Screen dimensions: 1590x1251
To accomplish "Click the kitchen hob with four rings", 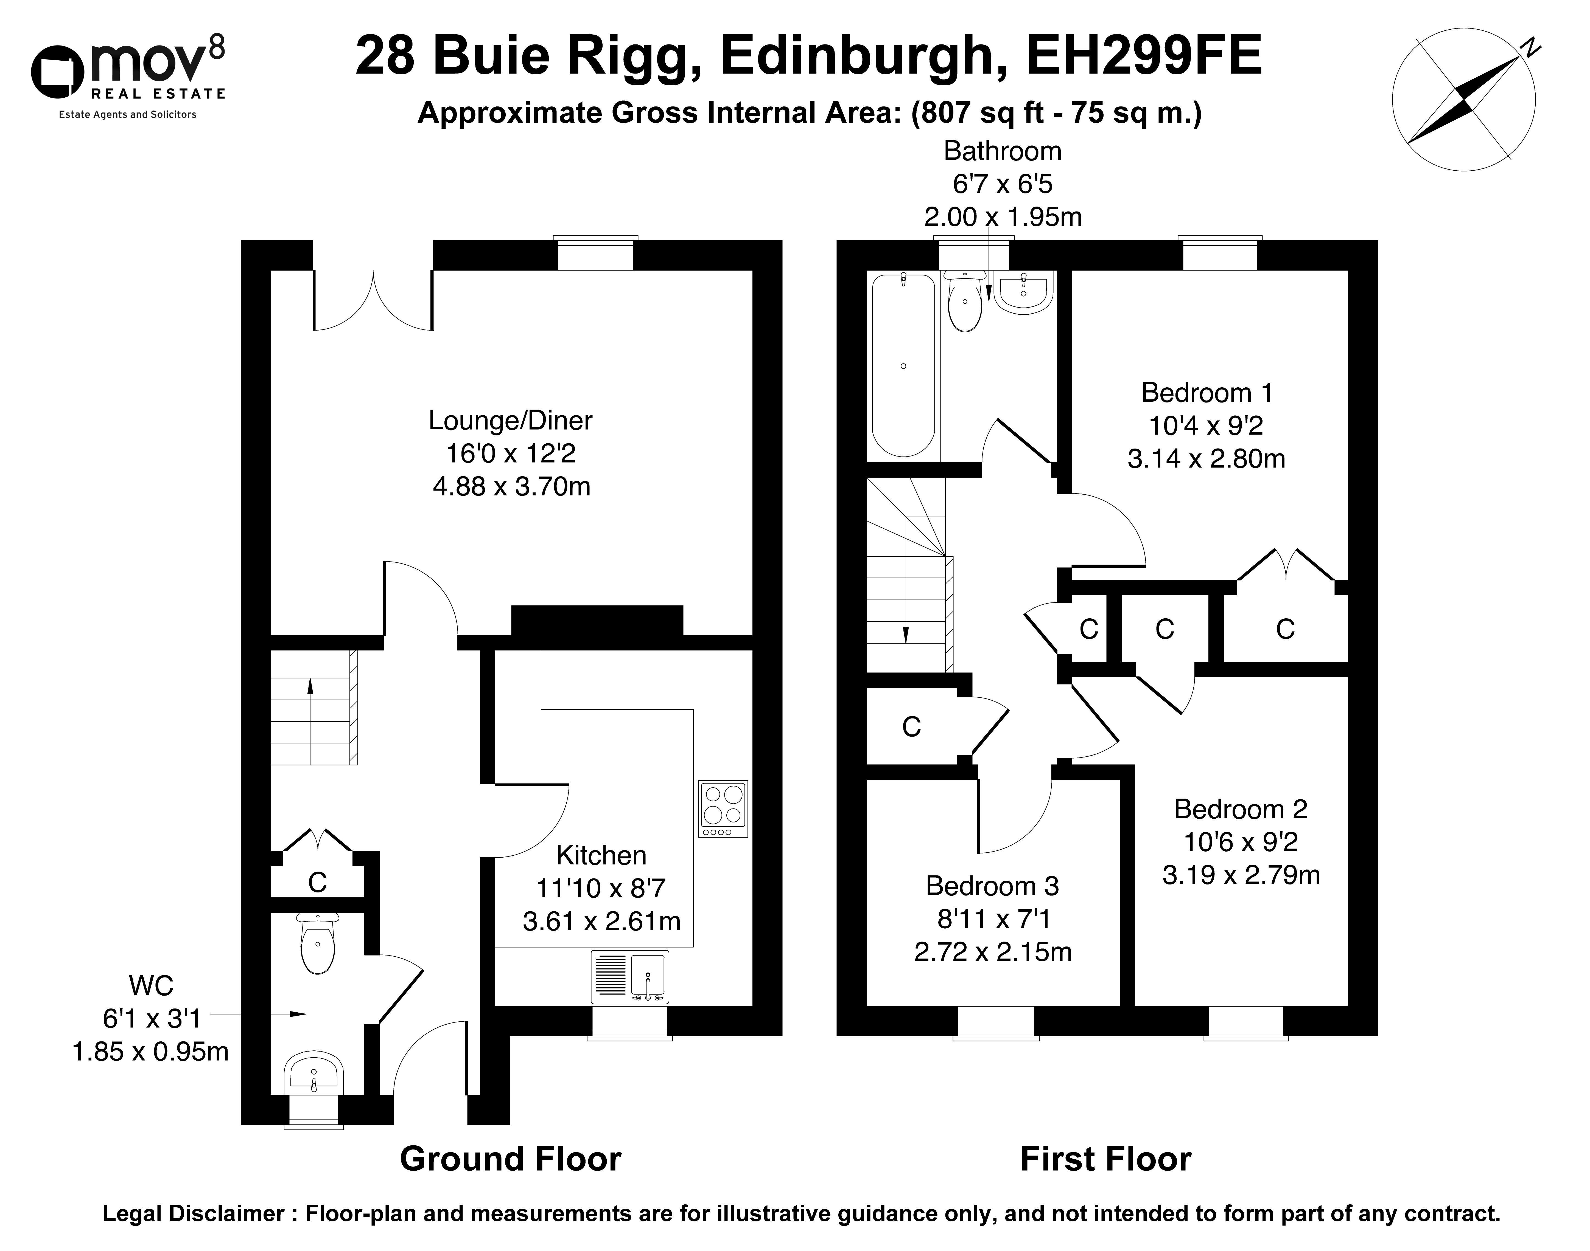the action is coord(723,808).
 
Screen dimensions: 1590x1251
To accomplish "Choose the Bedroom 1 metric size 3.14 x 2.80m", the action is coord(1206,458).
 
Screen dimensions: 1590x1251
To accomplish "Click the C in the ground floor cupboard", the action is coord(317,883).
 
